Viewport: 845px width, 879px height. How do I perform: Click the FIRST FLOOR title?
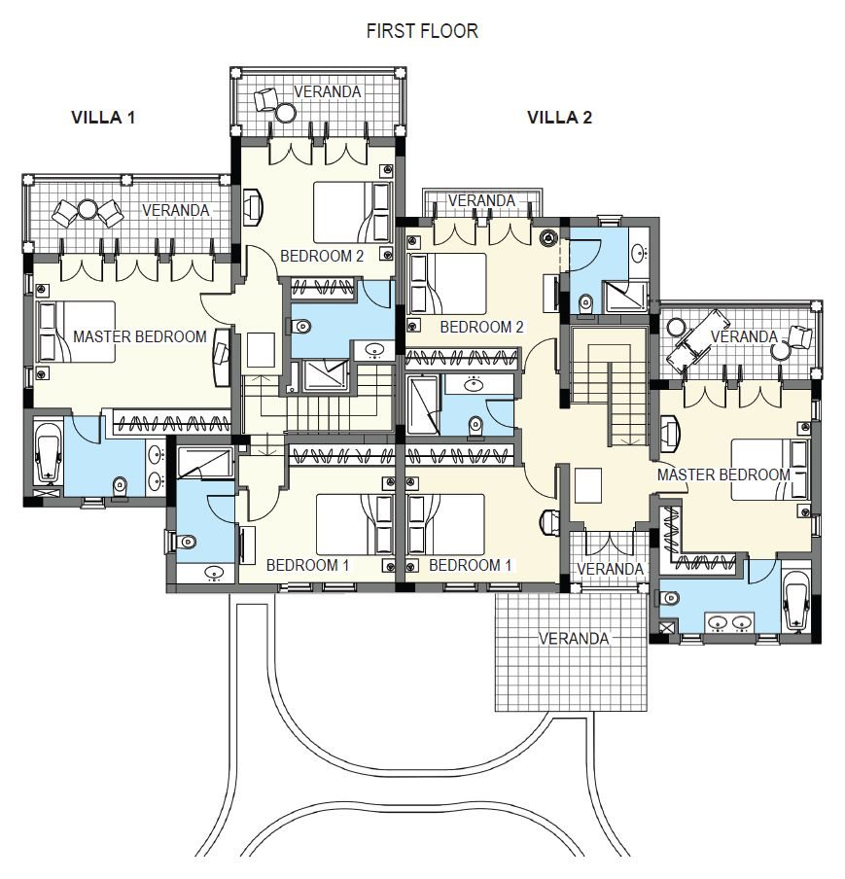click(422, 31)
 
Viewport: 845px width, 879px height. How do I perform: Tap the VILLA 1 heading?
click(103, 117)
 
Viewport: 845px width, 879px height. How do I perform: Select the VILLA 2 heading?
click(559, 117)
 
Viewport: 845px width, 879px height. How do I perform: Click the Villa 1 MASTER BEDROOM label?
click(140, 336)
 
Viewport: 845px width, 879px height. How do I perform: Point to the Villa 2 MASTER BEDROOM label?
click(723, 475)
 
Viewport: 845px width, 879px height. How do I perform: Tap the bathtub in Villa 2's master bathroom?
click(796, 601)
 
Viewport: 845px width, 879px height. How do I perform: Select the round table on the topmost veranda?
click(286, 113)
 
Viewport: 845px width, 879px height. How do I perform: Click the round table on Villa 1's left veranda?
click(88, 210)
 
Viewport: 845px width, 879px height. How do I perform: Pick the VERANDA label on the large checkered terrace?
click(573, 639)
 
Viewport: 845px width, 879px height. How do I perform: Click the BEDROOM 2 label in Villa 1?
click(322, 256)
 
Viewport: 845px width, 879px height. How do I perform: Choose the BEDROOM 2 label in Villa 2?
click(481, 327)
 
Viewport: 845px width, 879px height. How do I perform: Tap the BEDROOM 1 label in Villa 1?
click(308, 565)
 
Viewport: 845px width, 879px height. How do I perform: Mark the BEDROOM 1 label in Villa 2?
click(471, 565)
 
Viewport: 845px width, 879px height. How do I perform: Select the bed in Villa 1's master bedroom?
click(76, 332)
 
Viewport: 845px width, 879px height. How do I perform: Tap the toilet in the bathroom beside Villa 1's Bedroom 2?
click(299, 326)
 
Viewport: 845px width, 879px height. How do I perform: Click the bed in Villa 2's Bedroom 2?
click(447, 284)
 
